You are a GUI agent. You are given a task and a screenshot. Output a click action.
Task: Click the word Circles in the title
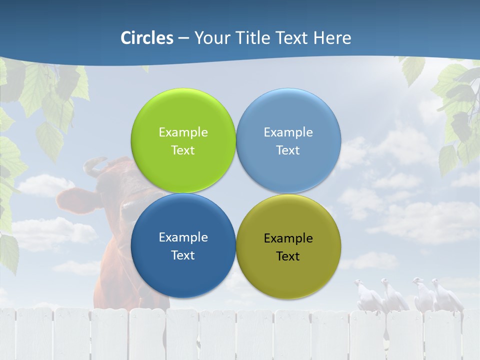coord(147,38)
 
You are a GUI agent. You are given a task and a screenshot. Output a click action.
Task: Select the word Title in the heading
coord(255,38)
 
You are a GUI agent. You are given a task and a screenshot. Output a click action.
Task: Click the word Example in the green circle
coord(183,132)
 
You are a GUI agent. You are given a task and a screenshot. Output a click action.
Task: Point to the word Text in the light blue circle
coord(288,150)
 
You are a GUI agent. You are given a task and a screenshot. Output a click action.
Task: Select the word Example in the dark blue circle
coord(183,237)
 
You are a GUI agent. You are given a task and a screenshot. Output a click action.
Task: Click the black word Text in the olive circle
coord(288,256)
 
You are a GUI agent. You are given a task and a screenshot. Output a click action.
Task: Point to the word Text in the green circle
coord(183,150)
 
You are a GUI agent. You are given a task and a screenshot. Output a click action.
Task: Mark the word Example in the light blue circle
coord(288,132)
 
